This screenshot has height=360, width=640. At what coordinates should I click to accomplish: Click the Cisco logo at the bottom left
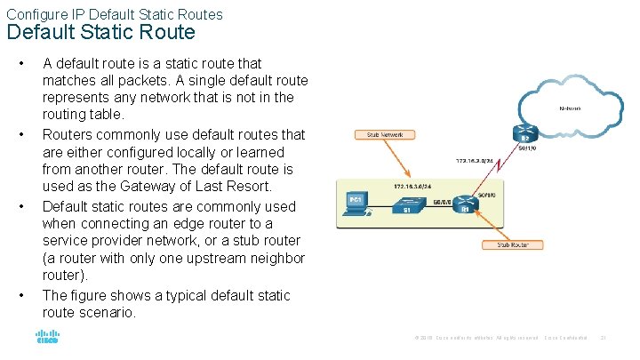[46, 337]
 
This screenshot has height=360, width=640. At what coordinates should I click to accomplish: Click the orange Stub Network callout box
[384, 135]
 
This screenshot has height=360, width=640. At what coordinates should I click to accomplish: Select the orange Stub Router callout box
[512, 244]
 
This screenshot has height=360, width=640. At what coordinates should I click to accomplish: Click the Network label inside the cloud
[570, 108]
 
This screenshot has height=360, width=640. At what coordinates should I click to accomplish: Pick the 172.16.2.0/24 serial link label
[476, 162]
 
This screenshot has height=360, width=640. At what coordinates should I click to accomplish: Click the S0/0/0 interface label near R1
[485, 194]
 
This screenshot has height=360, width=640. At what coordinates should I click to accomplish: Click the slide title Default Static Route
[100, 33]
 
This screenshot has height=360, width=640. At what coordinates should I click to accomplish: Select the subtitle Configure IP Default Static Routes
[115, 14]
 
